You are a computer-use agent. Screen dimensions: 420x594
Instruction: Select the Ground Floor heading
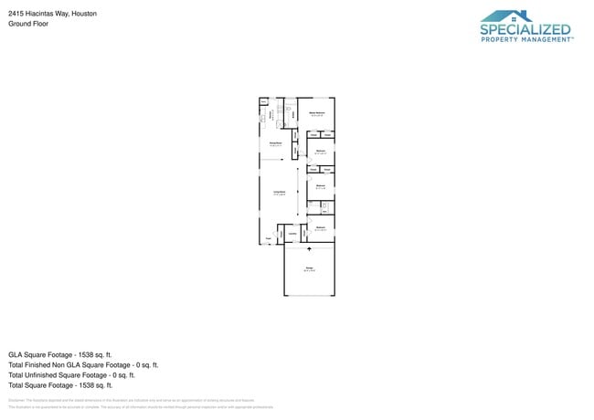pos(28,24)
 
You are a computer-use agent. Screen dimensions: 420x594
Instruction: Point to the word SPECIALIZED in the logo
pos(525,30)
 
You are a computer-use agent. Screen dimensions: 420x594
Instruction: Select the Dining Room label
pos(274,143)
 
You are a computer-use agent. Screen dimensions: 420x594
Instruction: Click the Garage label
pos(309,268)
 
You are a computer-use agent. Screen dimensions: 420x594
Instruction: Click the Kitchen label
pos(270,116)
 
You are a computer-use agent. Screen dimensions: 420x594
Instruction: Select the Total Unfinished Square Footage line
pos(71,374)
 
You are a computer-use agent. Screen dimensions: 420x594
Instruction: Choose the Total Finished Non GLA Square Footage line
pos(83,364)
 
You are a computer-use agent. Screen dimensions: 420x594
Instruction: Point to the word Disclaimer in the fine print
pos(16,400)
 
